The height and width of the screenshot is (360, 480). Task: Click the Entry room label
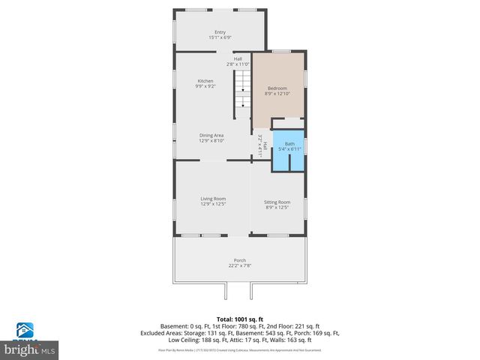click(x=220, y=32)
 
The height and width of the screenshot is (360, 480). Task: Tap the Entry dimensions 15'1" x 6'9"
click(x=220, y=37)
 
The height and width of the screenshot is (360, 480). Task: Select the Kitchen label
click(x=205, y=81)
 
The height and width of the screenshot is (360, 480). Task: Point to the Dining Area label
click(x=211, y=135)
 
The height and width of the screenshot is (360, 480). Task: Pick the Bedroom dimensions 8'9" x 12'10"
click(x=277, y=94)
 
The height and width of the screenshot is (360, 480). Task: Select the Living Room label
click(x=213, y=198)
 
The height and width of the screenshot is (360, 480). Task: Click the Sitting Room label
click(x=277, y=202)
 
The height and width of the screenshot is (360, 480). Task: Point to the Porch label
click(x=240, y=260)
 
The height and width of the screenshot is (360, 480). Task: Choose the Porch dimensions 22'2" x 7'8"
click(x=240, y=265)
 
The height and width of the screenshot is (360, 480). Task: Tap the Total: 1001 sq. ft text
click(x=239, y=319)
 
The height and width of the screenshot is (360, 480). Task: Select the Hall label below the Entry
click(x=238, y=58)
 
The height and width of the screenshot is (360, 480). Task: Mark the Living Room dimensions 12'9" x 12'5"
click(x=213, y=203)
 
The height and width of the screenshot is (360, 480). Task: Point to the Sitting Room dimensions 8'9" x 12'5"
click(x=277, y=208)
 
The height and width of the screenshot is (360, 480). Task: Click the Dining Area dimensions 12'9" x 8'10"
click(x=211, y=140)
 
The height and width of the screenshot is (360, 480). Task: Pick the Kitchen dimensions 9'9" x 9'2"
click(x=205, y=86)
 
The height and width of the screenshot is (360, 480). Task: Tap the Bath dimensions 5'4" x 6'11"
click(x=289, y=149)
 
